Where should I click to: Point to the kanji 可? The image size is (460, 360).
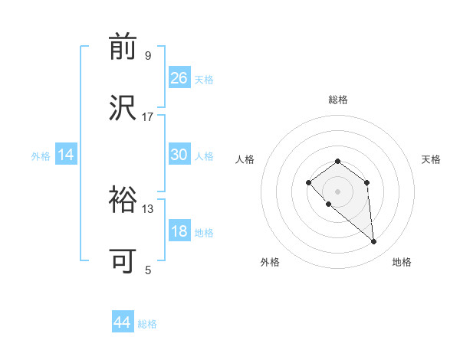tap(123, 261)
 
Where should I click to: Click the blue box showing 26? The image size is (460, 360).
tap(179, 78)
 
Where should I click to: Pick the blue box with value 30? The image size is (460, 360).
tap(179, 155)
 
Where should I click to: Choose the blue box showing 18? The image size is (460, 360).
tap(179, 231)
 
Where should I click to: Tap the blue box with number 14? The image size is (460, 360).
tap(66, 155)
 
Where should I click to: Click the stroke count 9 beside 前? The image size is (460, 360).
tap(147, 55)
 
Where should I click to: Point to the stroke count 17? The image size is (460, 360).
tap(148, 116)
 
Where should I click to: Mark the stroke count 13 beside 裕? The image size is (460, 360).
tap(148, 208)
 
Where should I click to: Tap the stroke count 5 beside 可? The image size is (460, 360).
tap(147, 270)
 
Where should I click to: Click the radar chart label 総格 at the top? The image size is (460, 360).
tap(338, 100)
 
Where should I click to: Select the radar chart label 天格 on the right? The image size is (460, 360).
tap(432, 159)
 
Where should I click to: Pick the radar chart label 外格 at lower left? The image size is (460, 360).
tap(270, 262)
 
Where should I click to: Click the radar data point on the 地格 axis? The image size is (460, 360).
tap(374, 242)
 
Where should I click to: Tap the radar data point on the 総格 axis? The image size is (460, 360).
tap(338, 161)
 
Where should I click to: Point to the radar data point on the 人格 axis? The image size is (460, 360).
tap(308, 182)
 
